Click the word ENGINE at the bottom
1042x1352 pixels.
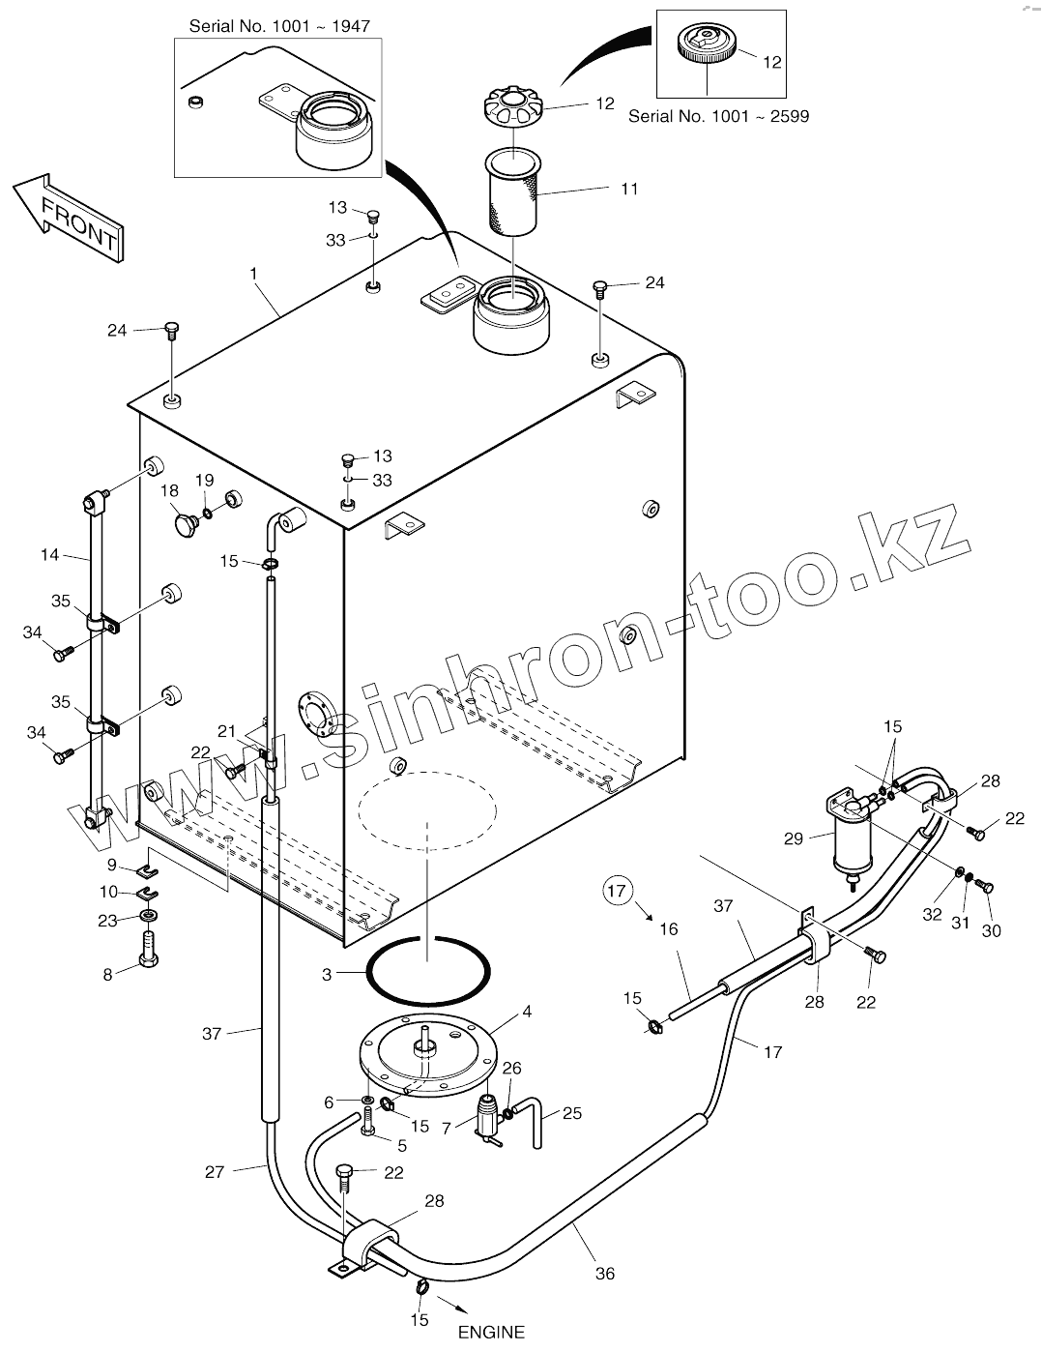pyautogui.click(x=491, y=1332)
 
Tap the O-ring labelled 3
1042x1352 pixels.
pyautogui.click(x=428, y=971)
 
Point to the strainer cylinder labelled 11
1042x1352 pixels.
pyautogui.click(x=512, y=192)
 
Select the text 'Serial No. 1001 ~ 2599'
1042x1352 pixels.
pyautogui.click(x=718, y=116)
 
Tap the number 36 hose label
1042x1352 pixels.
pyautogui.click(x=605, y=1274)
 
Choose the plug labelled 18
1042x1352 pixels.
pyautogui.click(x=186, y=525)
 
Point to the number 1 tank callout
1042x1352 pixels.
pyautogui.click(x=254, y=274)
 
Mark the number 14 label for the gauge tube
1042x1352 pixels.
pyautogui.click(x=50, y=555)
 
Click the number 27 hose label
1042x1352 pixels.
pyautogui.click(x=215, y=1172)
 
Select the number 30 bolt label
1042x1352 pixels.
pyautogui.click(x=992, y=930)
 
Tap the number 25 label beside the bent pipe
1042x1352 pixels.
pyautogui.click(x=571, y=1113)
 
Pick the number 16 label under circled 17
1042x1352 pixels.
pyautogui.click(x=669, y=928)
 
